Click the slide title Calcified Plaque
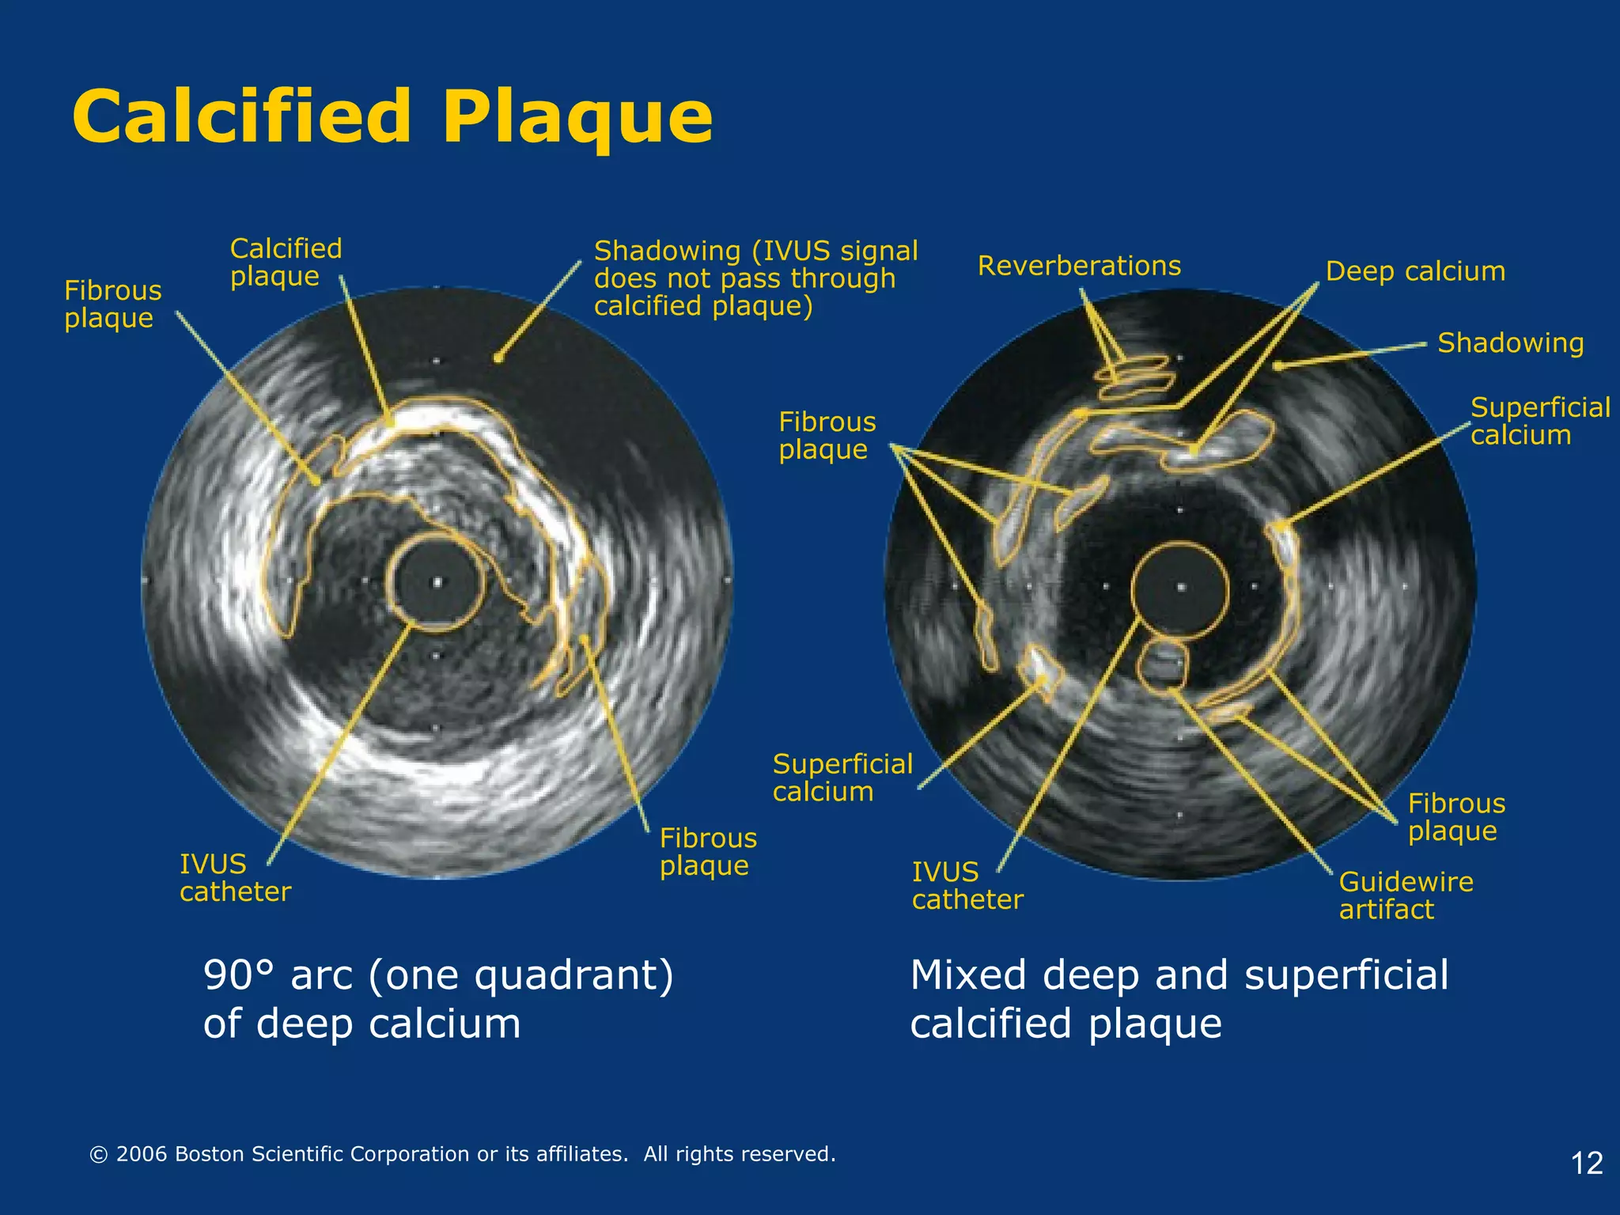[392, 117]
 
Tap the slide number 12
[1586, 1163]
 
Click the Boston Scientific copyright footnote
[463, 1154]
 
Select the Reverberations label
[1079, 266]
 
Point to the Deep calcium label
[1415, 271]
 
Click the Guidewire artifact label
[1406, 895]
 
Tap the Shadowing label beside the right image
[1510, 343]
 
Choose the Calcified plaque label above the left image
[286, 262]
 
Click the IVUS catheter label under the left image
[235, 878]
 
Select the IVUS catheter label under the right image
[967, 886]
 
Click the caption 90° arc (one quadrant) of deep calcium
[437, 998]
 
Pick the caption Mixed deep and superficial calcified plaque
[1179, 998]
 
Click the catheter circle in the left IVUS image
[435, 583]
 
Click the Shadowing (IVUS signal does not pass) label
[755, 278]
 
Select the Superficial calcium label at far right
[1539, 421]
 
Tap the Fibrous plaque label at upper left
[112, 304]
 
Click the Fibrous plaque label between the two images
[827, 435]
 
